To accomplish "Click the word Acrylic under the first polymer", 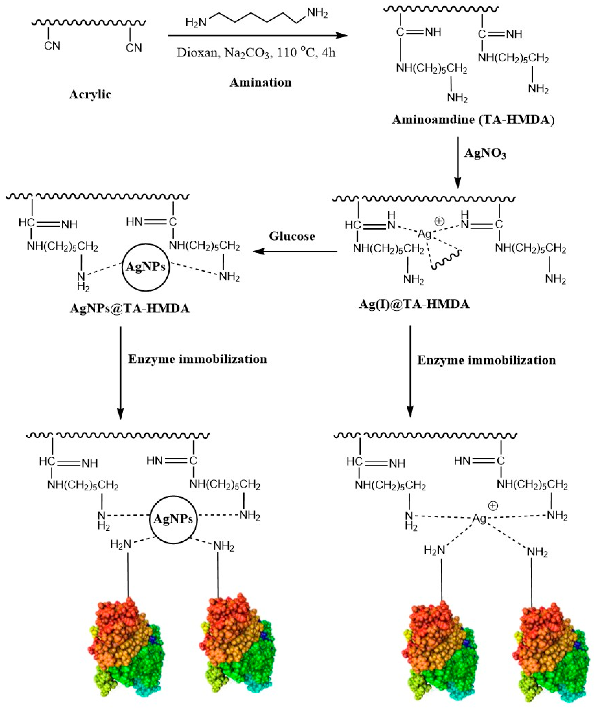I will [x=90, y=94].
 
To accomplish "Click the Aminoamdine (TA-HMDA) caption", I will [x=473, y=120].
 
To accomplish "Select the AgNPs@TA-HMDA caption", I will [x=130, y=308].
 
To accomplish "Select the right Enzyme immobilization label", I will [x=486, y=360].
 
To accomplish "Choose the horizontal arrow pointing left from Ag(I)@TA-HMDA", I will [x=295, y=251].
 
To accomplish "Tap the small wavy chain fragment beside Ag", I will [x=446, y=259].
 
